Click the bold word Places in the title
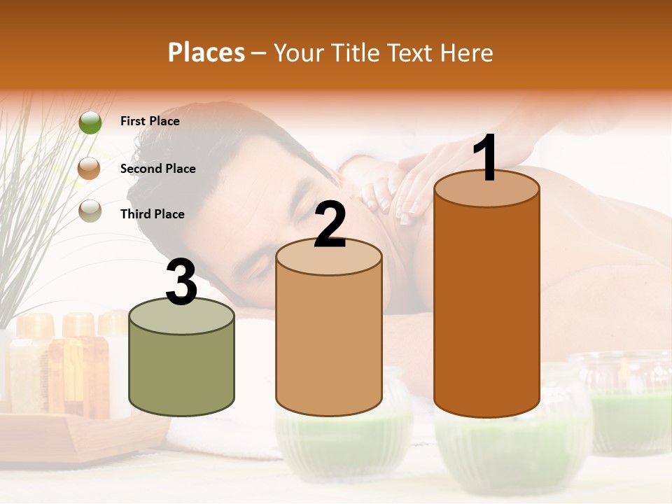pos(206,52)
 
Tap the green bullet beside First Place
pos(90,122)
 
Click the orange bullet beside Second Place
pos(90,169)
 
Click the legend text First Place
pos(150,121)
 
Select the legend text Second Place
pos(157,169)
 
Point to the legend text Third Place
pos(153,214)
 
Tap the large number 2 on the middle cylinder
pos(330,224)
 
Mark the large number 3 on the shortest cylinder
pos(182,282)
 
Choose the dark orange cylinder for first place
pos(486,308)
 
